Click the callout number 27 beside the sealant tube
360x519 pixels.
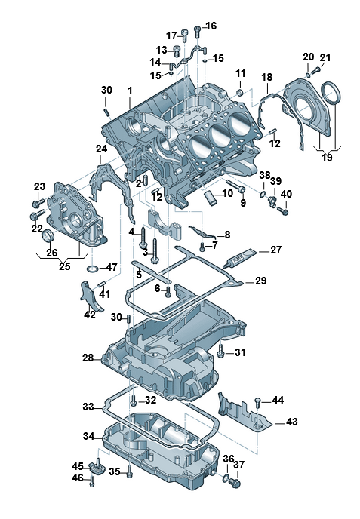pos(275,250)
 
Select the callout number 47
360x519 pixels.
pos(111,267)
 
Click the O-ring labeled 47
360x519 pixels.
pos(94,269)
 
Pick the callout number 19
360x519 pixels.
pos(327,157)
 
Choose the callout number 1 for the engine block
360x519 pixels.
pos(130,90)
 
